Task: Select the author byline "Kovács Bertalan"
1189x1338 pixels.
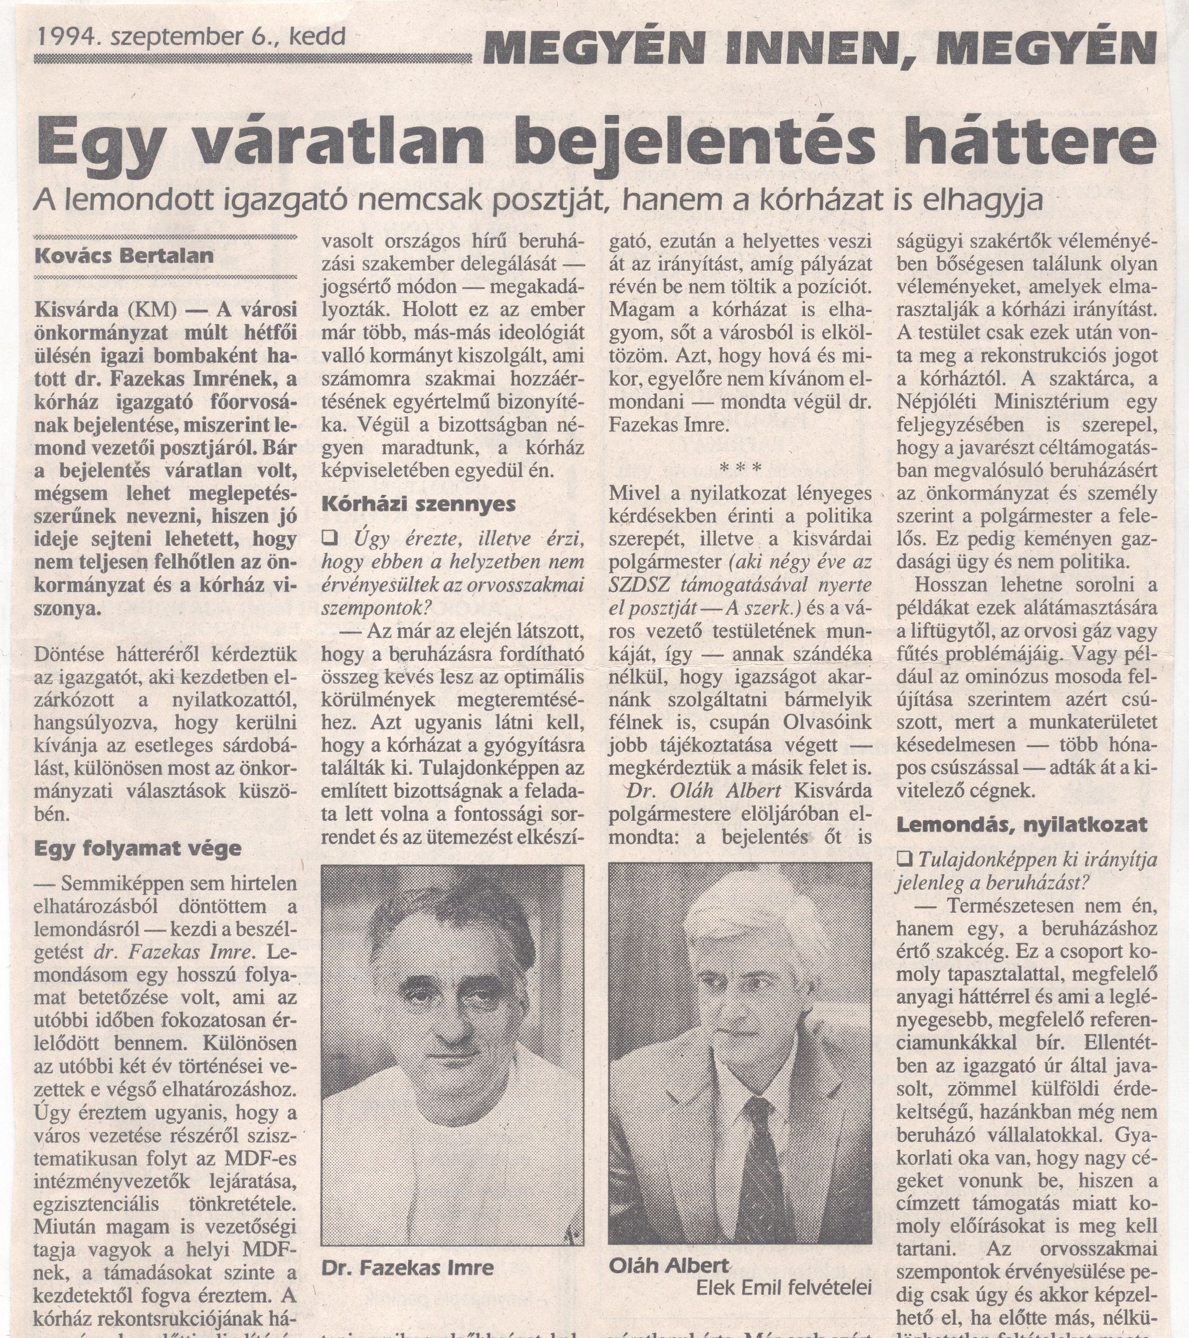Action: [124, 254]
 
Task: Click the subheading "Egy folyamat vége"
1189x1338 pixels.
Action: [137, 848]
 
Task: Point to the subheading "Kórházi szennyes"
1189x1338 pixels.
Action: [419, 504]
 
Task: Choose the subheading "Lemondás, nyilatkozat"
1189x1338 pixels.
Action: [1021, 824]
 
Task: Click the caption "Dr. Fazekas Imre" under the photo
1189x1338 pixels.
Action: [407, 1268]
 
